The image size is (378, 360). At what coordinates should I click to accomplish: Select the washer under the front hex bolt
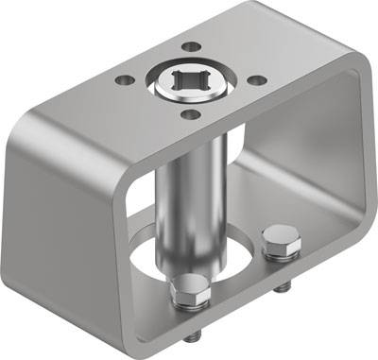tap(193, 304)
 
